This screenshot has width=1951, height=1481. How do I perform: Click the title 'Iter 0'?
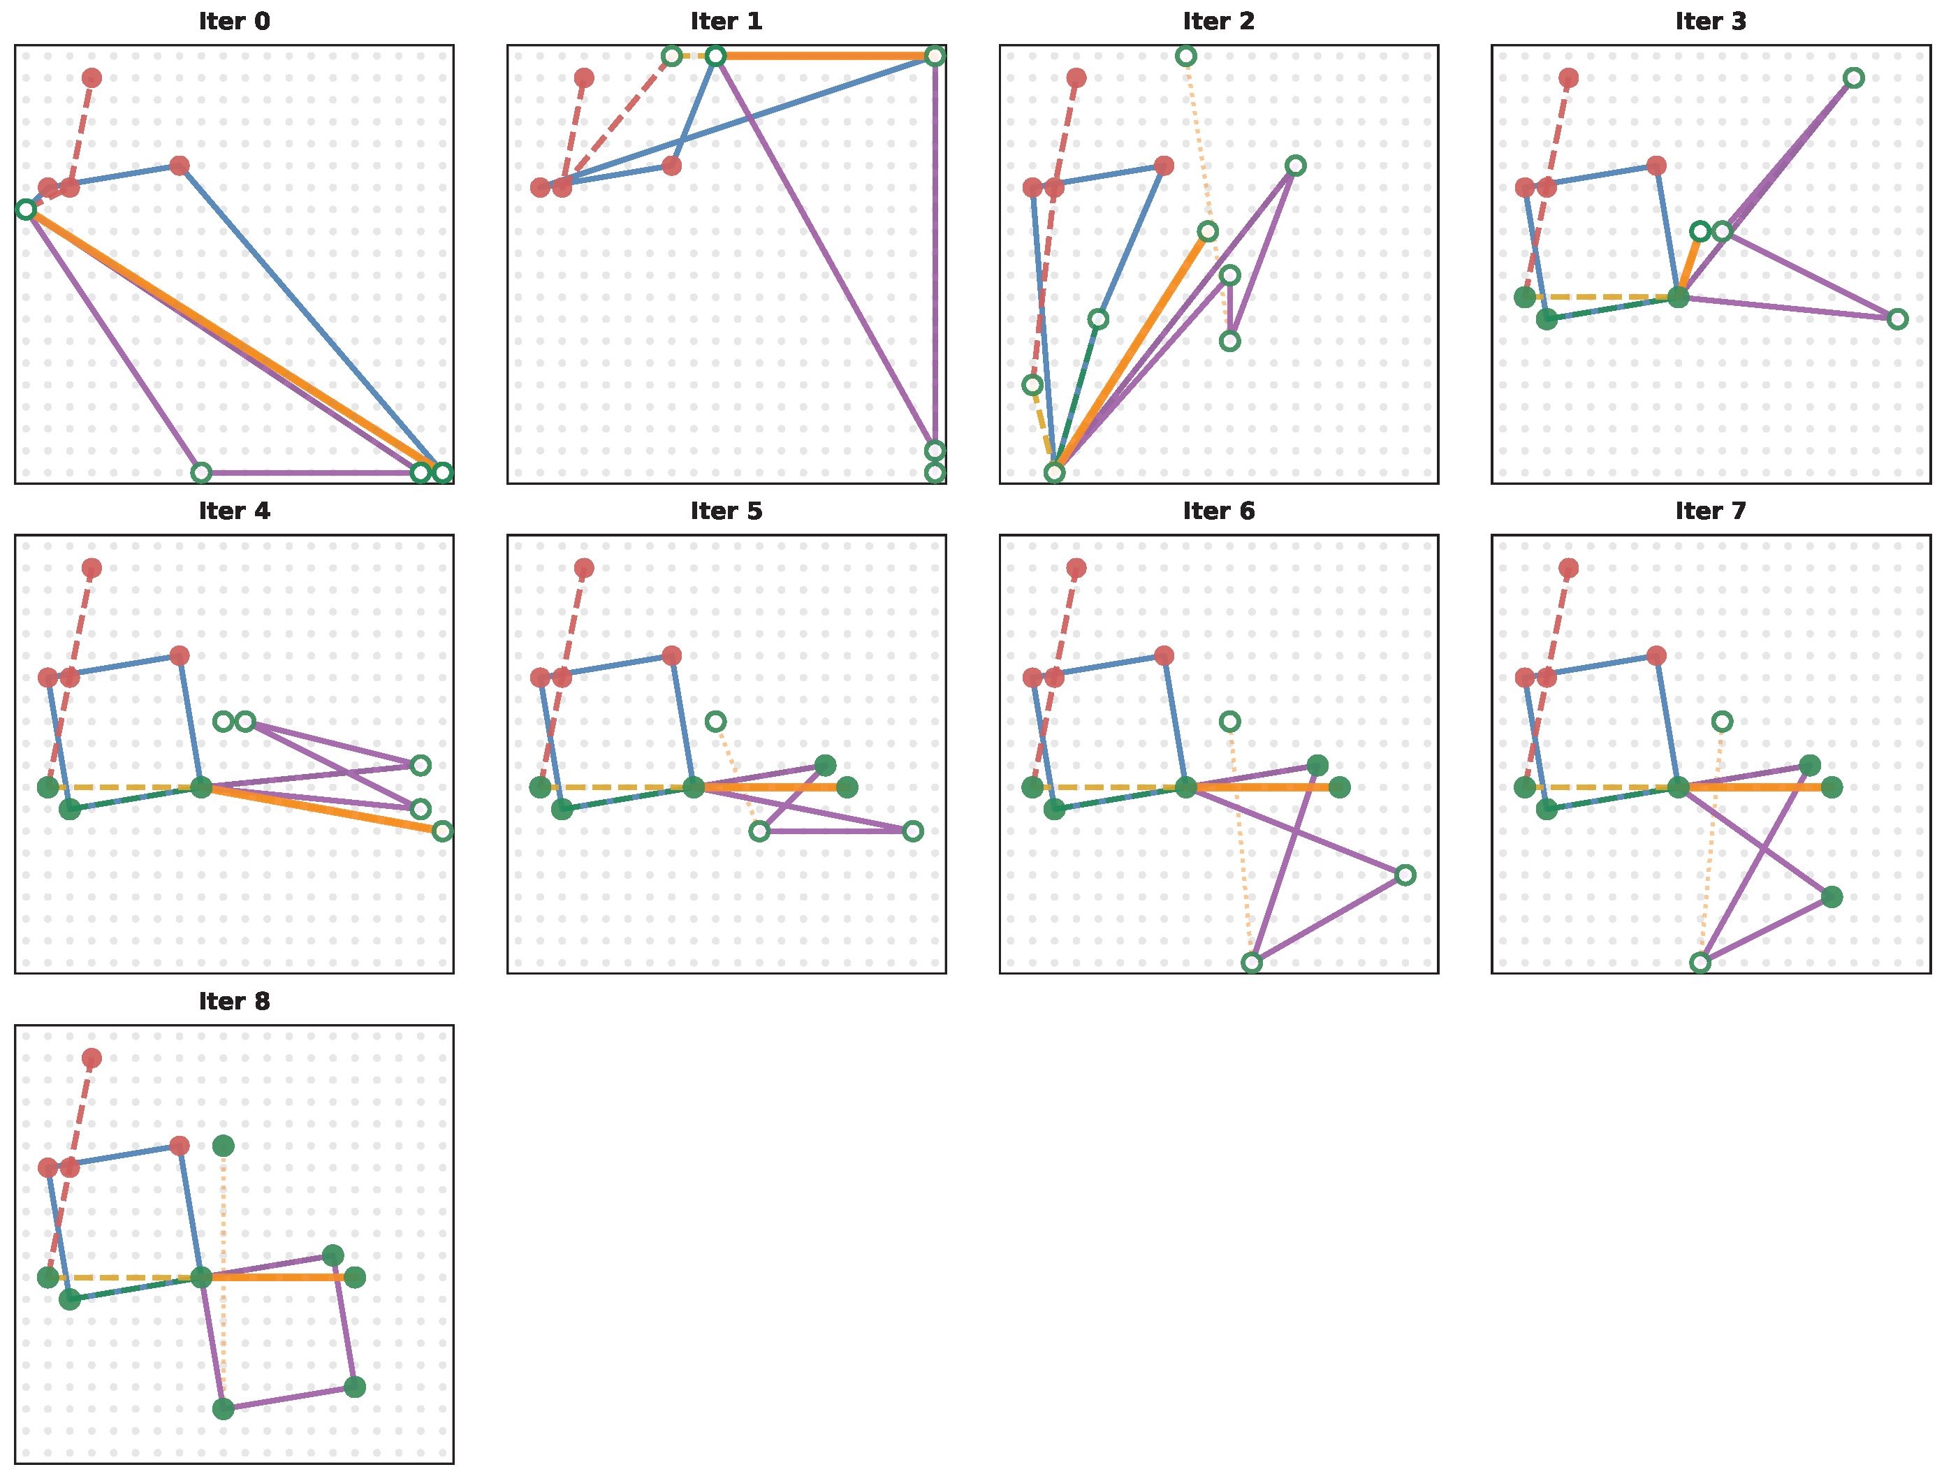coord(234,21)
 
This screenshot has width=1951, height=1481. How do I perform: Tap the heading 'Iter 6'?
coord(1218,511)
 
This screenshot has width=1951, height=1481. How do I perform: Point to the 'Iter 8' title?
coord(234,1001)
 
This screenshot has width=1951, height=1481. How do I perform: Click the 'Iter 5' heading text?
coord(726,511)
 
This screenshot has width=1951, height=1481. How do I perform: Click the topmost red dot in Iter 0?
coord(92,78)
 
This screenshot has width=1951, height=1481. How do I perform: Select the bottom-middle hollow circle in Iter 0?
coord(201,473)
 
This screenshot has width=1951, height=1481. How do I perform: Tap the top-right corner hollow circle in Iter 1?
coord(935,57)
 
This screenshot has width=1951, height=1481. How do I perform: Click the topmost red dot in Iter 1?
coord(584,78)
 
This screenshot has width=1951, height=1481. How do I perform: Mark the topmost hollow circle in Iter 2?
coord(1185,57)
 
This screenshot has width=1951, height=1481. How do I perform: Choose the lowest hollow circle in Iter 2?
coord(1054,473)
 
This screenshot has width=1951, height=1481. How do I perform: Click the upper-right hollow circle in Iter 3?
coord(1853,78)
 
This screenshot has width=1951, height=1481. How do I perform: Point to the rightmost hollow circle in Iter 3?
coord(1897,319)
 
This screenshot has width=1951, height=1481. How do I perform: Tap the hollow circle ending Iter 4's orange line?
coord(443,831)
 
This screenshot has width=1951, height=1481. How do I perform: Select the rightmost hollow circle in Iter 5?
coord(913,831)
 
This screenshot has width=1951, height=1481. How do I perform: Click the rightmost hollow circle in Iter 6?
coord(1405,875)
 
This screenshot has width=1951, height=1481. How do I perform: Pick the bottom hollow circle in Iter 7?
coord(1700,963)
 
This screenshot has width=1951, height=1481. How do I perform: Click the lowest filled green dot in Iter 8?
coord(223,1408)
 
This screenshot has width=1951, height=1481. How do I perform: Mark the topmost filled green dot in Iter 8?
coord(223,1146)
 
